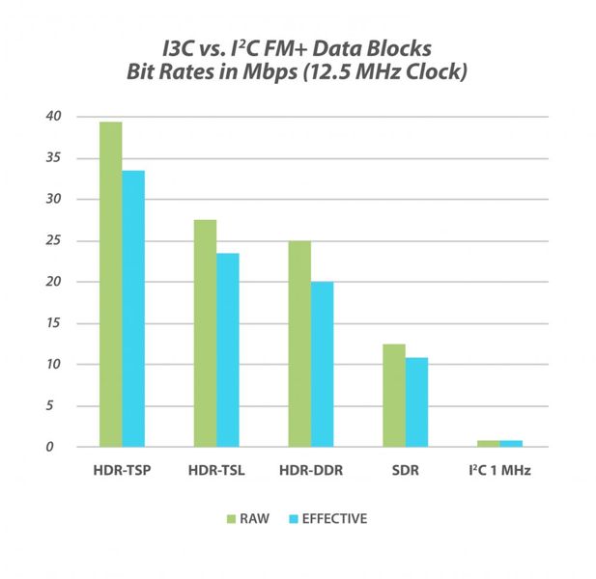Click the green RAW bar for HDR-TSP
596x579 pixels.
tap(110, 285)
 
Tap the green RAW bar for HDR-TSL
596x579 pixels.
tap(205, 333)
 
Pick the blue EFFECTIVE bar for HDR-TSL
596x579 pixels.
tap(228, 349)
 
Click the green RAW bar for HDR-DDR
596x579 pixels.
tap(299, 344)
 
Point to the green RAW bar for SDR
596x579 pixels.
tap(393, 396)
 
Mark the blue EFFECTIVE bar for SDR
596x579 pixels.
tap(416, 402)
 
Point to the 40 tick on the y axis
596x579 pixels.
tap(54, 117)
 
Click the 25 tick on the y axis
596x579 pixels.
tap(54, 240)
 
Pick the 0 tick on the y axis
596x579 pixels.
tap(57, 447)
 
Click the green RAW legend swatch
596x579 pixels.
tap(232, 518)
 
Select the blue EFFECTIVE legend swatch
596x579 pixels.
tap(293, 518)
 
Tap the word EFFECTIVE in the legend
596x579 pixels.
tap(335, 518)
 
